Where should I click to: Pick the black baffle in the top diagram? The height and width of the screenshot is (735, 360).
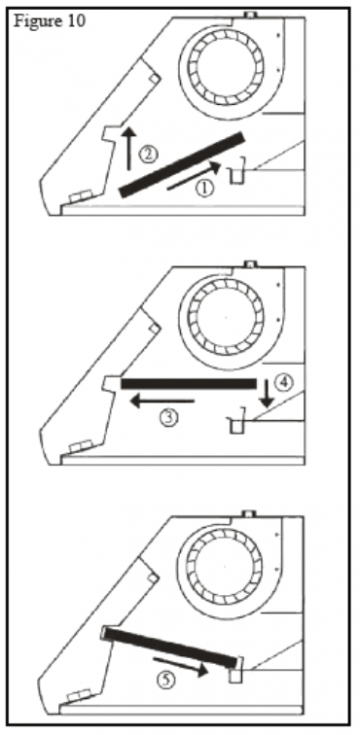click(x=182, y=162)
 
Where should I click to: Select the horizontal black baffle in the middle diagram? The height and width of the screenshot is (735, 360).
click(x=187, y=383)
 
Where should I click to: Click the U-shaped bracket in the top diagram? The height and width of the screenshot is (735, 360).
click(x=238, y=176)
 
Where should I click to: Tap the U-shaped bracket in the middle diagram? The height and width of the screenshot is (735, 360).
click(x=236, y=426)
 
